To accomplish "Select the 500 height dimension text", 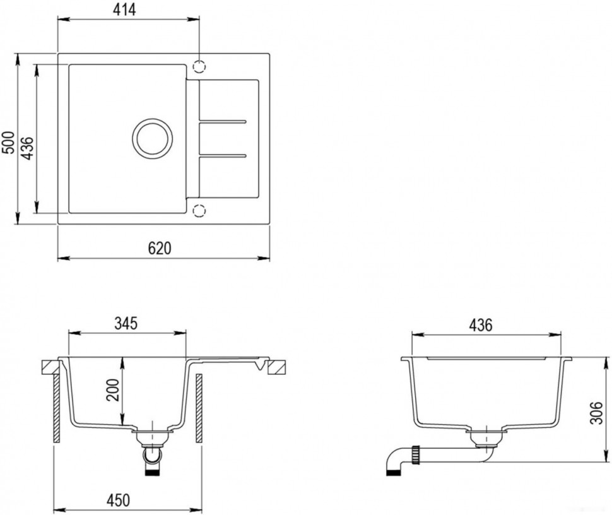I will click(x=8, y=143).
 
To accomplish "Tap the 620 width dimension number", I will click(x=160, y=249).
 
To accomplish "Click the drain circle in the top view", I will click(x=152, y=136).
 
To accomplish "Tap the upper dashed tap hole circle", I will click(x=199, y=66).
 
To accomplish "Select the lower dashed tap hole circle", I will click(x=199, y=210).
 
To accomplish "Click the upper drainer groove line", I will click(x=222, y=120).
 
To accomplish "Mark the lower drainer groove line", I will click(x=222, y=155).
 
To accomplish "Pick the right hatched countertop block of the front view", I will click(x=277, y=367).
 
